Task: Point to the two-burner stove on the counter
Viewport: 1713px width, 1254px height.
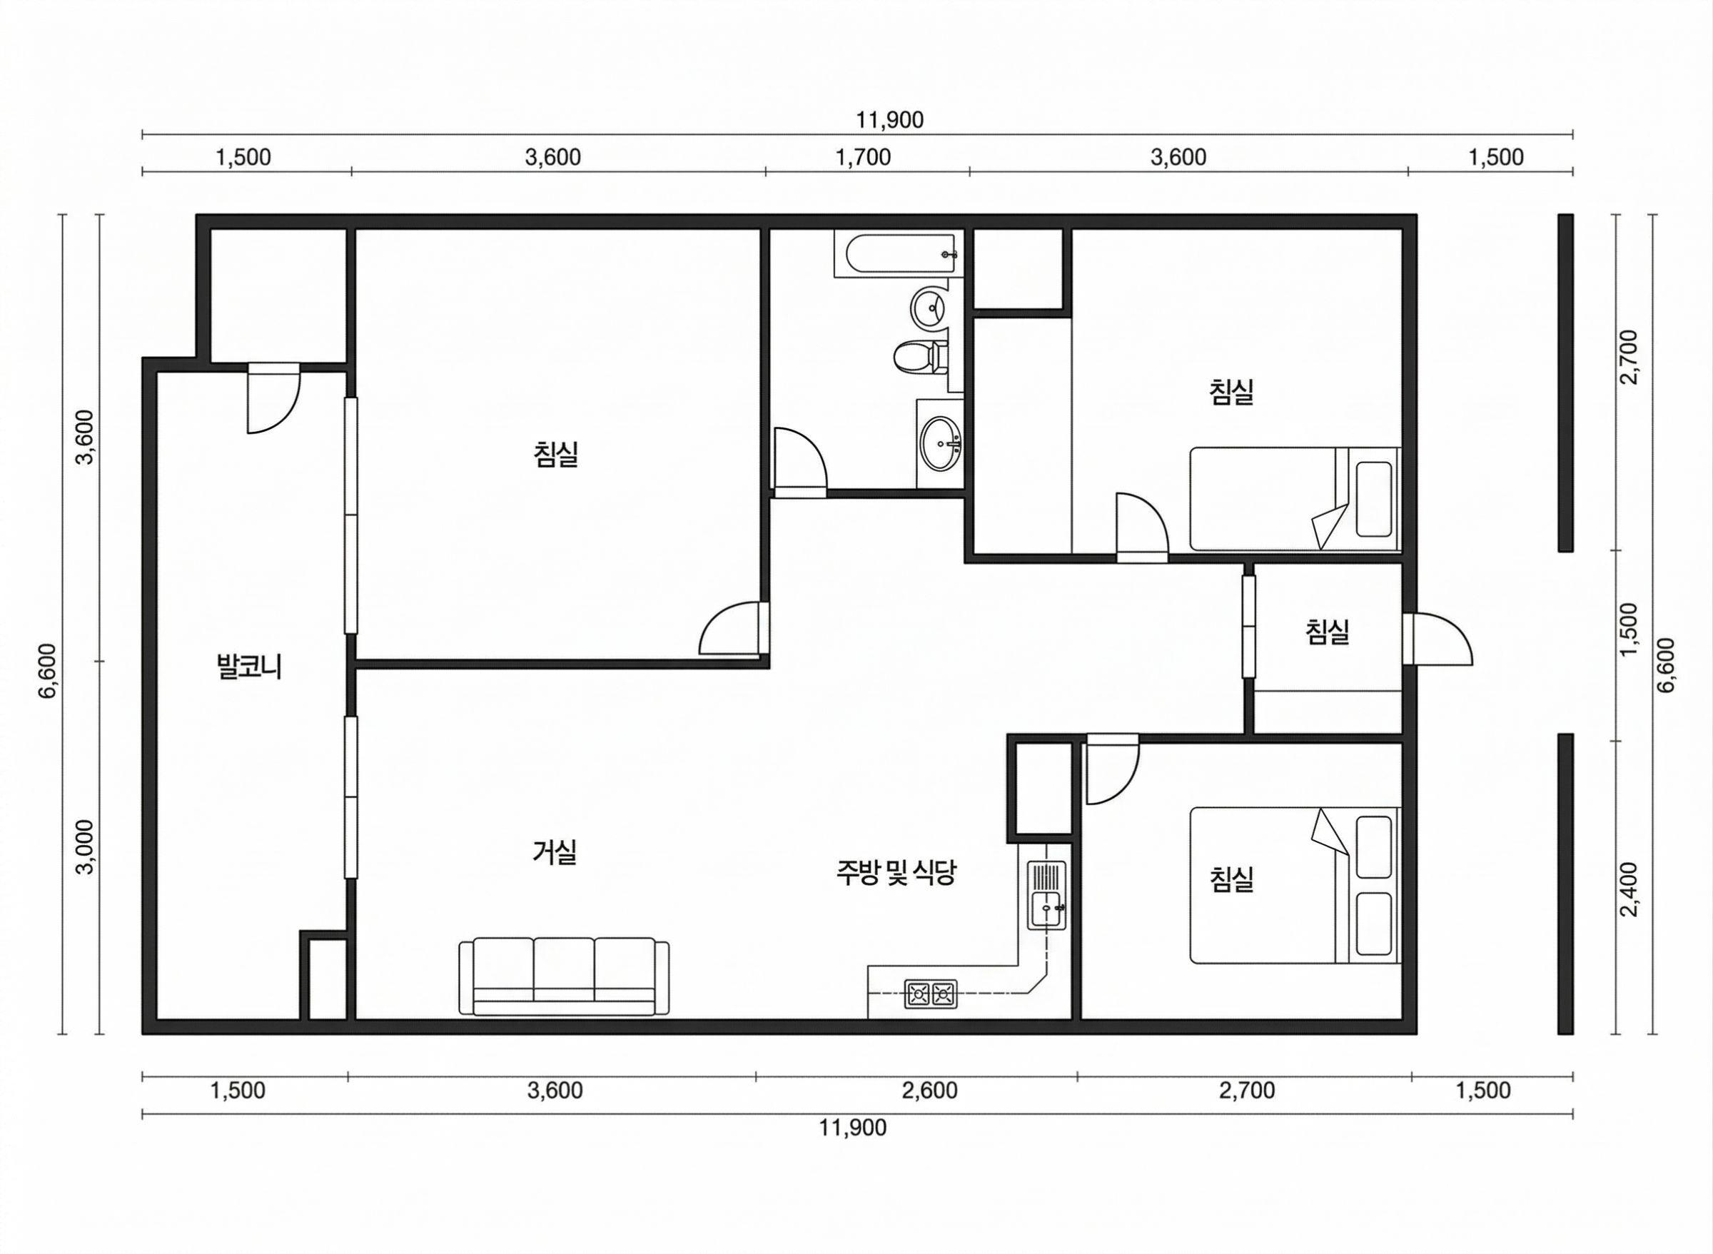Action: [931, 993]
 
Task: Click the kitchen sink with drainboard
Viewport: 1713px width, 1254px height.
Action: [1046, 895]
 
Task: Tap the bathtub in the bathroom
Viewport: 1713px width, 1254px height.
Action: [896, 255]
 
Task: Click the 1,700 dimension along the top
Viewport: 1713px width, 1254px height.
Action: [863, 158]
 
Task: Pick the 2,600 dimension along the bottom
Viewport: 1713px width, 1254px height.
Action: [930, 1091]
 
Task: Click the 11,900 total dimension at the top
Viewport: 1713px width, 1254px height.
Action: [890, 120]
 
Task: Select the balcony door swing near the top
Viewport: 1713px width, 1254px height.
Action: [274, 399]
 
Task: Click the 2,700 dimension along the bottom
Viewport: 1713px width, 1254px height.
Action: [1247, 1091]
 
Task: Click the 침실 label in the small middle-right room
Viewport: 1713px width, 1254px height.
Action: [1328, 632]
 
